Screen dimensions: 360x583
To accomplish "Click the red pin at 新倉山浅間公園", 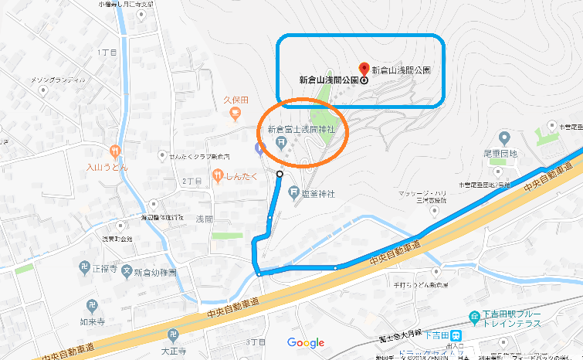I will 365,68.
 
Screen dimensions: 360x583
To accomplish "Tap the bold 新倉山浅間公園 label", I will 328,80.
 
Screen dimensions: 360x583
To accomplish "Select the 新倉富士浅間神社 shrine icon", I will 283,141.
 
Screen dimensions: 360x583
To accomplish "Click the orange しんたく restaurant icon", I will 218,176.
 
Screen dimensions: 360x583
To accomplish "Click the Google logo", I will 305,343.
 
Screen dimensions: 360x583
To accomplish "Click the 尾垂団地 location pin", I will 504,138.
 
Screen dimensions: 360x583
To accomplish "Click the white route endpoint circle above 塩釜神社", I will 280,175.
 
